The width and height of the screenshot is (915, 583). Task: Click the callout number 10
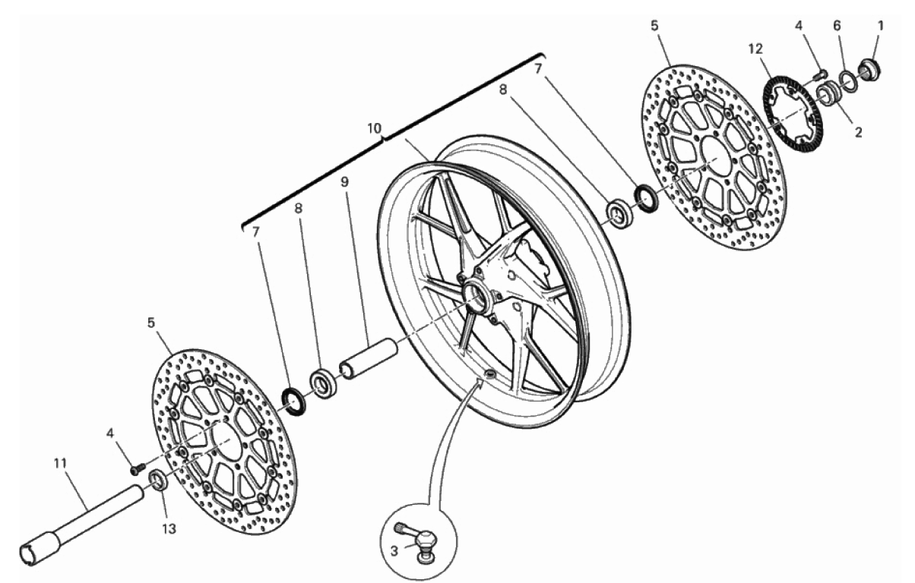374,128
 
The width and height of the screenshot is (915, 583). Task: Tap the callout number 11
60,464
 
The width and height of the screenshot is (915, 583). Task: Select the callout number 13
169,529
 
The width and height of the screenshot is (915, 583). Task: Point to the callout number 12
755,49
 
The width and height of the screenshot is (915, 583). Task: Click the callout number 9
344,182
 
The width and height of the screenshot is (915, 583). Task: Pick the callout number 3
394,551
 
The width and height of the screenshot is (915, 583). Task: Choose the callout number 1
881,26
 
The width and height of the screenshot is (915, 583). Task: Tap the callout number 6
837,26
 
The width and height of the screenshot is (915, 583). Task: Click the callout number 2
858,132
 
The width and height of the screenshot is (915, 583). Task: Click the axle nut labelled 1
869,70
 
